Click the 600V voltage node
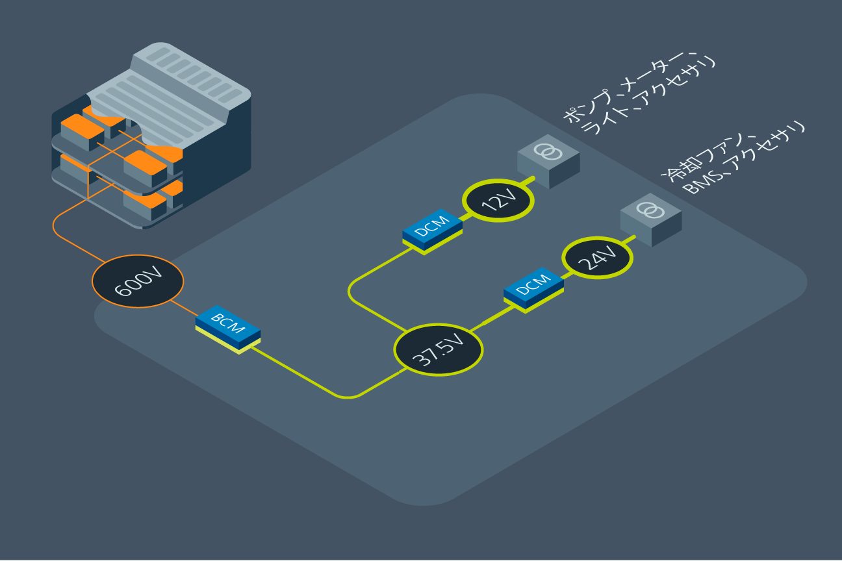(138, 281)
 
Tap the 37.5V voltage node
(439, 349)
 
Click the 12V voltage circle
(498, 201)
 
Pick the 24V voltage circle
(597, 258)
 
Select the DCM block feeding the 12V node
(432, 229)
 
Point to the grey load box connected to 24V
(650, 219)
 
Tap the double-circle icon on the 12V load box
(548, 151)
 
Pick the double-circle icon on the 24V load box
(650, 210)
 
